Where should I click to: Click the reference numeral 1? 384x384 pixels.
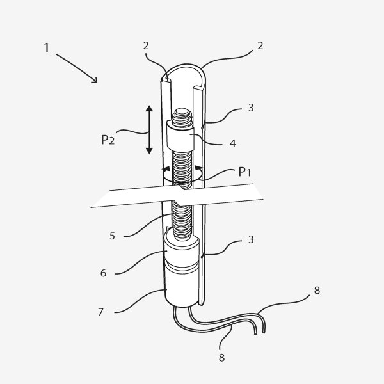click(x=47, y=47)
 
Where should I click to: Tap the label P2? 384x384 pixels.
click(x=108, y=140)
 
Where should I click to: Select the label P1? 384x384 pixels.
click(x=244, y=172)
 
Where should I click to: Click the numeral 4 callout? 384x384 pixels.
click(x=233, y=143)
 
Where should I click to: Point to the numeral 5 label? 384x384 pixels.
click(x=112, y=236)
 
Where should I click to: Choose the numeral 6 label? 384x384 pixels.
click(x=103, y=273)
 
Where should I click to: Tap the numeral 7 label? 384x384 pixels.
click(x=100, y=312)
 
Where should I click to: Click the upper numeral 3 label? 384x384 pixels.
click(x=251, y=108)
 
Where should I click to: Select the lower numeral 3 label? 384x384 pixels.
click(x=251, y=239)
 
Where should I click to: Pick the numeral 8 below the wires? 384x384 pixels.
click(x=221, y=358)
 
